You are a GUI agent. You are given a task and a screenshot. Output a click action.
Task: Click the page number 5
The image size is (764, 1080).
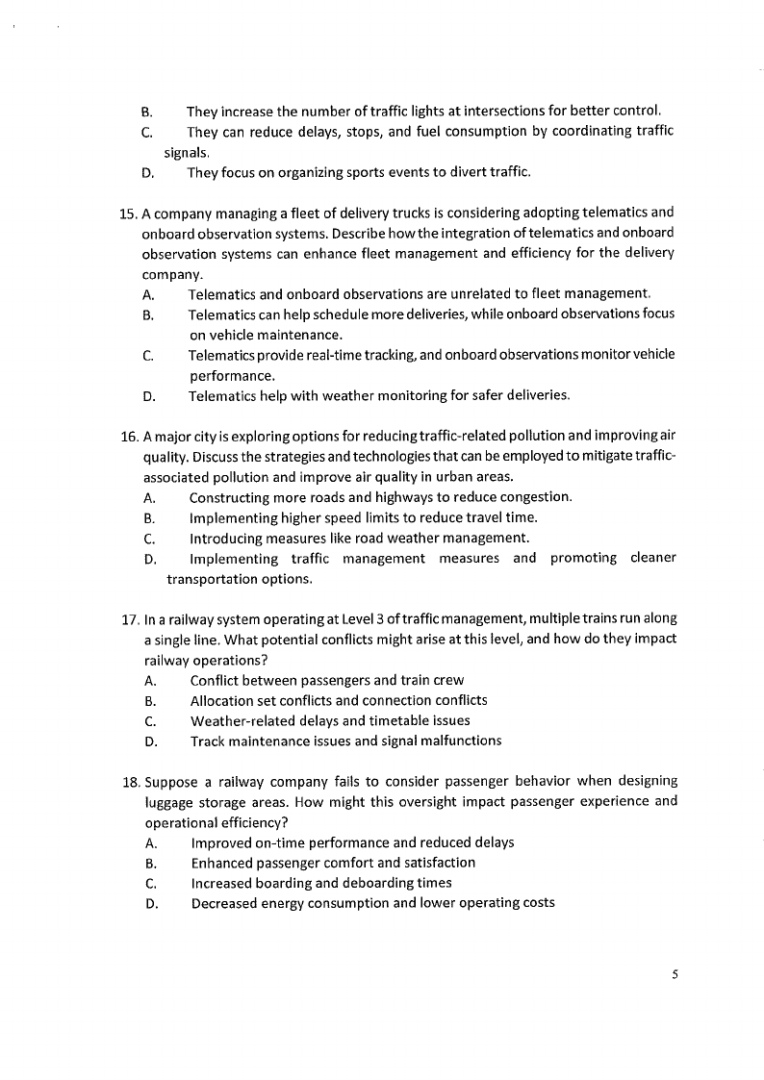675,974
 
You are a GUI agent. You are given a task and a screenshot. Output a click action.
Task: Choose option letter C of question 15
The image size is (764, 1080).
148,355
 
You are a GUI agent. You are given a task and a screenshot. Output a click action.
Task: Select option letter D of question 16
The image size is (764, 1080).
150,560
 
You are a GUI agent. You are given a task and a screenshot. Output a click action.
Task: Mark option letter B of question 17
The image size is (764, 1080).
150,701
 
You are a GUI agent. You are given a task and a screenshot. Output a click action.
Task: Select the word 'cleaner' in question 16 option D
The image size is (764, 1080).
653,559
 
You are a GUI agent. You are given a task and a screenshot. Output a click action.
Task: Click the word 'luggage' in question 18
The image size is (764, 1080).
169,801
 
